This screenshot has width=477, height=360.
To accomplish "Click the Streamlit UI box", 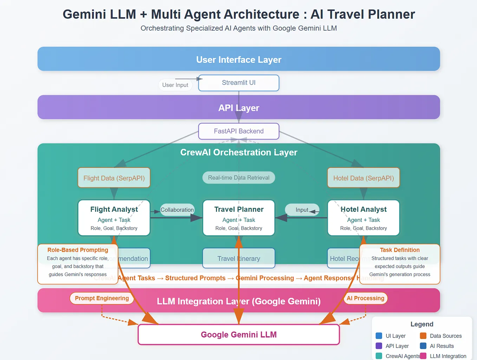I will (238, 83).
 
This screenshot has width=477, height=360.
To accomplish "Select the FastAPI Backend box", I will (238, 131).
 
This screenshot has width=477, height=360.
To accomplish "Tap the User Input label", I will (175, 85).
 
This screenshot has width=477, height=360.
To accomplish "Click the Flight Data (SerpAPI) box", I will (114, 178).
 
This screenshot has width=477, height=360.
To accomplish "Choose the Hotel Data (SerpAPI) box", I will (363, 178).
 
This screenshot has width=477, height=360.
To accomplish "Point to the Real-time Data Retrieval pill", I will (238, 178).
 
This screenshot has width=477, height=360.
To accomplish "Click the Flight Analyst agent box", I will (114, 218).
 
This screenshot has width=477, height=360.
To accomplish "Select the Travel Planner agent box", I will (238, 218).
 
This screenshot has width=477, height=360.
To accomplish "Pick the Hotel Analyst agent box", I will (363, 218).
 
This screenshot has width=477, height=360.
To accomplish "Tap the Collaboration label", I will (177, 210).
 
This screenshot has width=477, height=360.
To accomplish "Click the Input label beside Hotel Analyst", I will (302, 210).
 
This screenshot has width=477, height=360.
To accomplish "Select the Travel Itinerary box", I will (238, 258).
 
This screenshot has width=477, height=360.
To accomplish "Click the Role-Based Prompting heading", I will (78, 250).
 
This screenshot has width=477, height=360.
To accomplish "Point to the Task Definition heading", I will (399, 250).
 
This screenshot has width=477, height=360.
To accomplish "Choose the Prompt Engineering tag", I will (102, 298).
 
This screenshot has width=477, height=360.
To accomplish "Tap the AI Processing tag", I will (365, 298).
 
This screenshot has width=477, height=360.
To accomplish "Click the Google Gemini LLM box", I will (238, 335).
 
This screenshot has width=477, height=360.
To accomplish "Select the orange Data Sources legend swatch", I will (423, 336).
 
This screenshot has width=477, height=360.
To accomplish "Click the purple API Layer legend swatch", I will (379, 346).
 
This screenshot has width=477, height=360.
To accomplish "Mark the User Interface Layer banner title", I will (238, 60).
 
